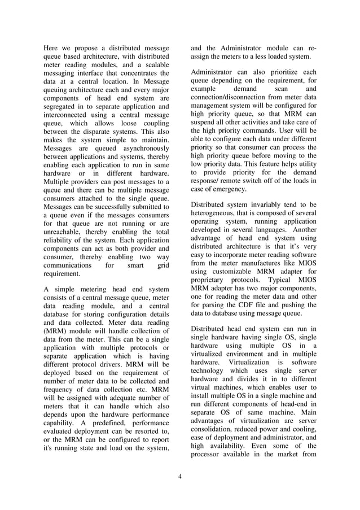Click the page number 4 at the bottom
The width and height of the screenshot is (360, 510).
click(179, 476)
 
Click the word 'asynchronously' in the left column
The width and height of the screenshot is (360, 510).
click(142, 148)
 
